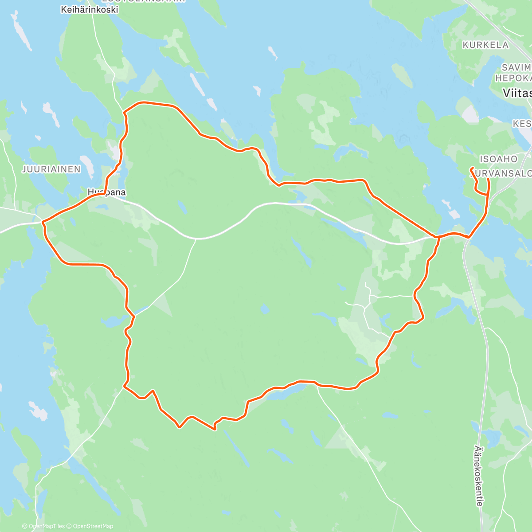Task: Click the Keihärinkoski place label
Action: [90, 9]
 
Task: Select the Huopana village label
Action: [106, 192]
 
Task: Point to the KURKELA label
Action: [485, 45]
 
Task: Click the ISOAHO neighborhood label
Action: [498, 159]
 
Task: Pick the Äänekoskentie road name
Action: [478, 476]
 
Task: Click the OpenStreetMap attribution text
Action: [93, 526]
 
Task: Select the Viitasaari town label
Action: [517, 93]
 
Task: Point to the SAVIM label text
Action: [516, 67]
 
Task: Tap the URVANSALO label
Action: [503, 173]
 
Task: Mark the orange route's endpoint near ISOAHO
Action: [471, 168]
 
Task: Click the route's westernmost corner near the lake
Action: [43, 221]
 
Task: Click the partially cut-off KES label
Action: [522, 123]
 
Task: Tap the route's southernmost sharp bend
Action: [215, 429]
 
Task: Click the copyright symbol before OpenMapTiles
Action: [25, 526]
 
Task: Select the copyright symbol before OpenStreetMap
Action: [70, 526]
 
